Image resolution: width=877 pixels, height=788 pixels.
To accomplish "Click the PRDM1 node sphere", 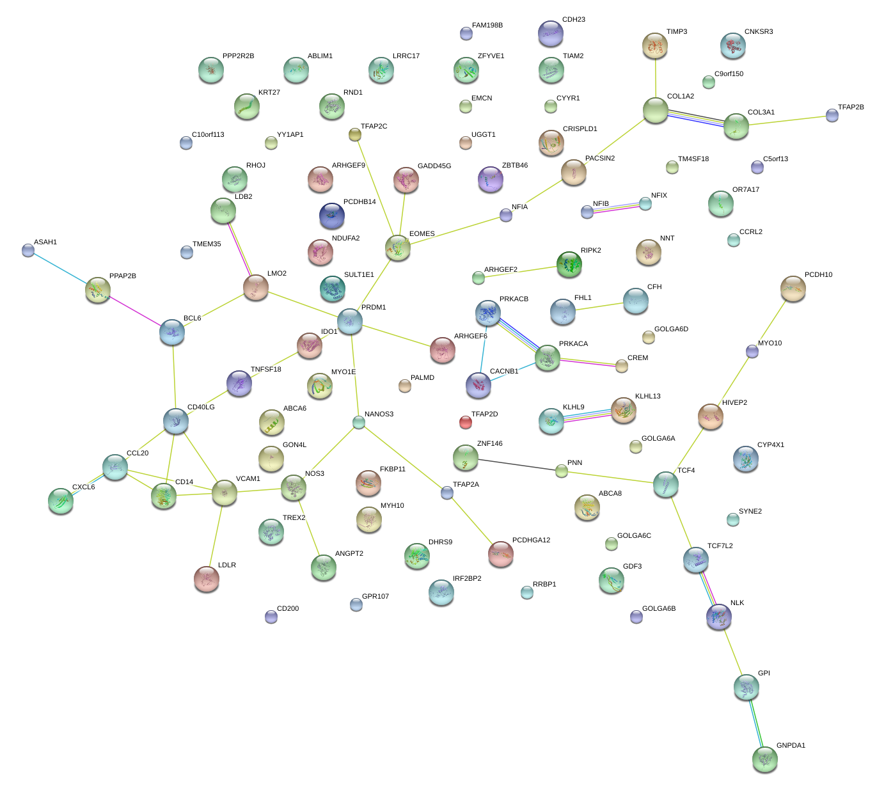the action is point(350,320).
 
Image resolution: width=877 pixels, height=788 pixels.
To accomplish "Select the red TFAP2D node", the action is point(466,422).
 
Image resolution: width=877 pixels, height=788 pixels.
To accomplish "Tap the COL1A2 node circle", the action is point(655,111).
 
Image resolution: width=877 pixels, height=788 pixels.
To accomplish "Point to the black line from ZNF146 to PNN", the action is point(518,465).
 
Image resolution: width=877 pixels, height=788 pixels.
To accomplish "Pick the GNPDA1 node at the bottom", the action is point(764,759).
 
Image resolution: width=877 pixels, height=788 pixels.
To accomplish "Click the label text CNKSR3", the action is point(758,32).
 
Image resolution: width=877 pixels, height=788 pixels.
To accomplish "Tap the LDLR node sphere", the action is point(206,579).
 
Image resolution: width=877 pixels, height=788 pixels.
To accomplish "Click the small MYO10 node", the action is point(752,351).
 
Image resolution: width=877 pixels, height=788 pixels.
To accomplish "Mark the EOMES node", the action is point(398,248).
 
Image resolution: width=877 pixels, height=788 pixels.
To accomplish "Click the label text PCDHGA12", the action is point(531,540).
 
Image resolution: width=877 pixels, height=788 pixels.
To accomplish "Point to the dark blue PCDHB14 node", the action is point(331,216).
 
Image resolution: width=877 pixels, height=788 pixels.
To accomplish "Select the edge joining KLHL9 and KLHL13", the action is point(587,415).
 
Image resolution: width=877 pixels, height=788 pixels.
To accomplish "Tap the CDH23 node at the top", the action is point(550,33).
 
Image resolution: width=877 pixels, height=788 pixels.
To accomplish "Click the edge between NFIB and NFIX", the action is point(616,208).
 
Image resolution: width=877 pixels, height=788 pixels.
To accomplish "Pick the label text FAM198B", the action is point(487,26).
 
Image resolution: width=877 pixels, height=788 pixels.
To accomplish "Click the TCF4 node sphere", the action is point(666,485).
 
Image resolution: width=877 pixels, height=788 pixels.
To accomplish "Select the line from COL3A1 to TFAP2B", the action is point(790,121).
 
